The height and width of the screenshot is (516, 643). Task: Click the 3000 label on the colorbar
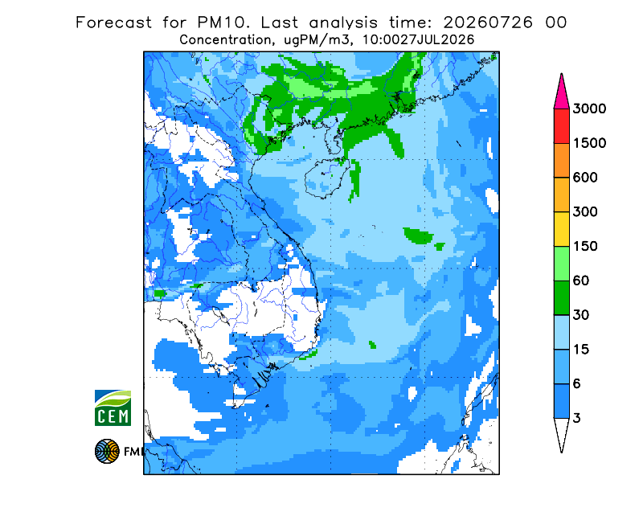click(x=589, y=109)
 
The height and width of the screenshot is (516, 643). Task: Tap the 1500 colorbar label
click(x=589, y=143)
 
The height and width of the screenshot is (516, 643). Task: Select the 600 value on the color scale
click(x=585, y=178)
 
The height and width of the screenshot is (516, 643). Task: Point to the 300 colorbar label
click(x=585, y=212)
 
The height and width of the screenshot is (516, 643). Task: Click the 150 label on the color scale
click(x=585, y=247)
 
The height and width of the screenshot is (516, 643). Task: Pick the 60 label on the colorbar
click(x=581, y=281)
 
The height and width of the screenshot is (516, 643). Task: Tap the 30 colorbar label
click(x=581, y=315)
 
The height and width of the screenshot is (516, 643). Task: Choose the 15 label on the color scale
click(x=581, y=350)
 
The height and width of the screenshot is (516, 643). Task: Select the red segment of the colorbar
click(x=561, y=126)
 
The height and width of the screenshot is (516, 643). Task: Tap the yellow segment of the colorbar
click(x=561, y=229)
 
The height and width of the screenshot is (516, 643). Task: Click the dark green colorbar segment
click(x=561, y=298)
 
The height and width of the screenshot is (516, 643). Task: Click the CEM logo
click(x=113, y=407)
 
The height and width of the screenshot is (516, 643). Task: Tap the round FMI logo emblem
click(x=107, y=451)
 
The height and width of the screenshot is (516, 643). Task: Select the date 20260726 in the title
click(x=488, y=23)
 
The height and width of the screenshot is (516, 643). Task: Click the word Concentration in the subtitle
click(x=226, y=40)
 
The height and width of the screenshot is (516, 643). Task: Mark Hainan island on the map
click(x=327, y=178)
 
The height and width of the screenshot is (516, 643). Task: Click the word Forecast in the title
click(x=113, y=23)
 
